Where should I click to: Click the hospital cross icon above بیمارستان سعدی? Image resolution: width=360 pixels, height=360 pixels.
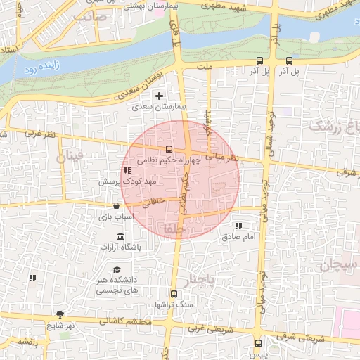[160, 96]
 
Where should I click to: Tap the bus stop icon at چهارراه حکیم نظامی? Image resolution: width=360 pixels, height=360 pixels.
[169, 150]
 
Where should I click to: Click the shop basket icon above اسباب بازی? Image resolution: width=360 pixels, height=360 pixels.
[116, 206]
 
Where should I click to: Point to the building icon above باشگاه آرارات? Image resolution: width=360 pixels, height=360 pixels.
[120, 236]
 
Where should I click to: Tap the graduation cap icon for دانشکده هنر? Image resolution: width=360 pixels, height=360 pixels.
[116, 269]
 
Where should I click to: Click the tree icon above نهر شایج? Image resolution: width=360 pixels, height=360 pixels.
[58, 314]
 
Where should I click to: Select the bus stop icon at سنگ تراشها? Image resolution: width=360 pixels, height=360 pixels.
[174, 295]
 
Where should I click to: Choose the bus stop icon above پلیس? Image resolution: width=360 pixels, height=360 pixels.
[259, 343]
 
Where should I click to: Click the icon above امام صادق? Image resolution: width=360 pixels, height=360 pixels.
[238, 226]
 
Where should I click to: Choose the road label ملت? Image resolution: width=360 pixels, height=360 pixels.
[205, 66]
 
